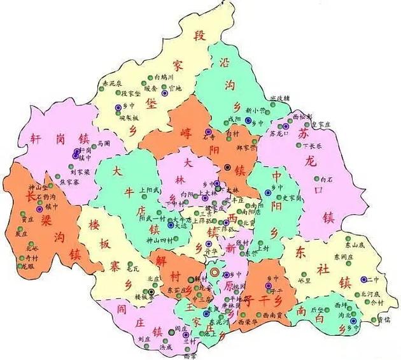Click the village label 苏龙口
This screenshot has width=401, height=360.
279,134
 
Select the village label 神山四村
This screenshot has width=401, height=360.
158,239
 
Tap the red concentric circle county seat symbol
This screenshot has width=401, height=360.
215,272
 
